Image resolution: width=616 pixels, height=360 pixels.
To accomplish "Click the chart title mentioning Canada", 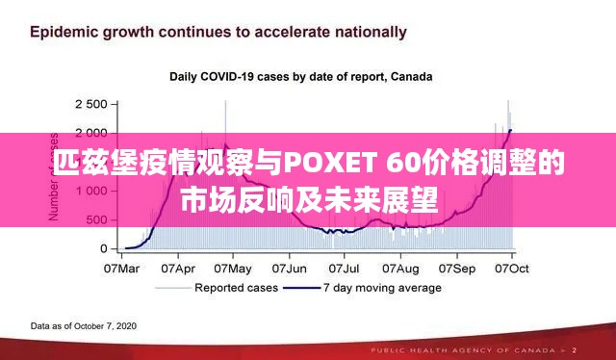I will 301,76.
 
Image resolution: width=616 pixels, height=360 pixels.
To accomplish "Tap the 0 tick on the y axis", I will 103,248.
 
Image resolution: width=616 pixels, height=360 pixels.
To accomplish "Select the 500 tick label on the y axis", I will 95,219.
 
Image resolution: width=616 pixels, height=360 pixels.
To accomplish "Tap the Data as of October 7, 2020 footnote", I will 84,325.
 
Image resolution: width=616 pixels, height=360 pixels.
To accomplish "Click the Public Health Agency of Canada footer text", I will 501,349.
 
